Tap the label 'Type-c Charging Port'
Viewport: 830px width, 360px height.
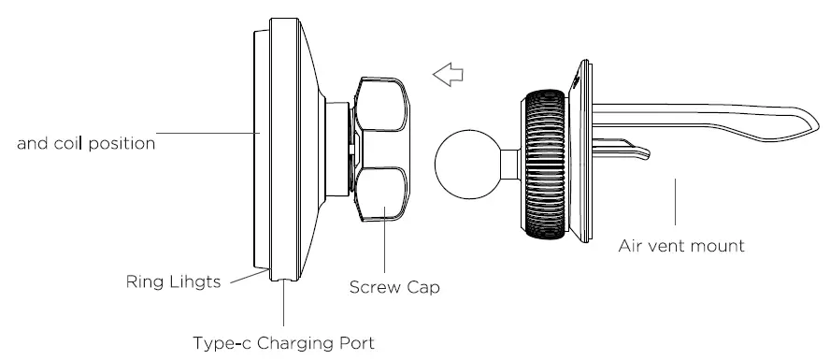(x=282, y=342)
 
